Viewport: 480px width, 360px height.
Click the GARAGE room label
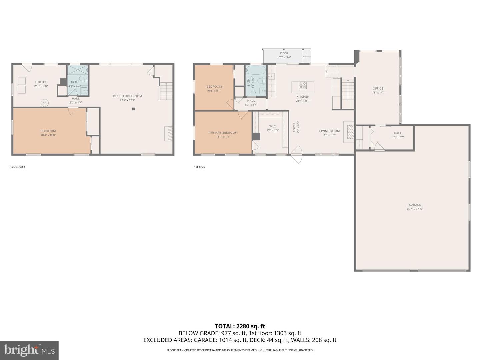pos(415,205)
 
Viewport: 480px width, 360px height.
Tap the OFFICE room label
pos(378,89)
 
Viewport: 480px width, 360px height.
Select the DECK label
pos(284,53)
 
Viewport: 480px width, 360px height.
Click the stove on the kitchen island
pos(303,85)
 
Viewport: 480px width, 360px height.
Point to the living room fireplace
pos(350,132)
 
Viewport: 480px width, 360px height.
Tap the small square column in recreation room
pos(134,109)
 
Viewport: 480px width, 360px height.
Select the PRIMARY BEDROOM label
pos(223,133)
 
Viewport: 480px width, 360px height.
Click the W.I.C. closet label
pos(272,127)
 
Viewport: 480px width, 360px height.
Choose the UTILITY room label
pos(41,82)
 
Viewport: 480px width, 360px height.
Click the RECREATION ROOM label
pos(127,96)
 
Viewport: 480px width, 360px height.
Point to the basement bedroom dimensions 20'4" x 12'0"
pos(48,135)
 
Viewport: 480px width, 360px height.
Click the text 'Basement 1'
pos(17,167)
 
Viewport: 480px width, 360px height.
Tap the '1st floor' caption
pos(200,167)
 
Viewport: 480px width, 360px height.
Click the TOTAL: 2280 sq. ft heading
pos(240,326)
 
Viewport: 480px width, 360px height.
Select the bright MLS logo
pos(29,350)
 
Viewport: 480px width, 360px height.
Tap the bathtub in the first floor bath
pos(256,71)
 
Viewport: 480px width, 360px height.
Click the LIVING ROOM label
pos(329,131)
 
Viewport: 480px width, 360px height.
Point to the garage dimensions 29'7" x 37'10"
pos(415,209)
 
